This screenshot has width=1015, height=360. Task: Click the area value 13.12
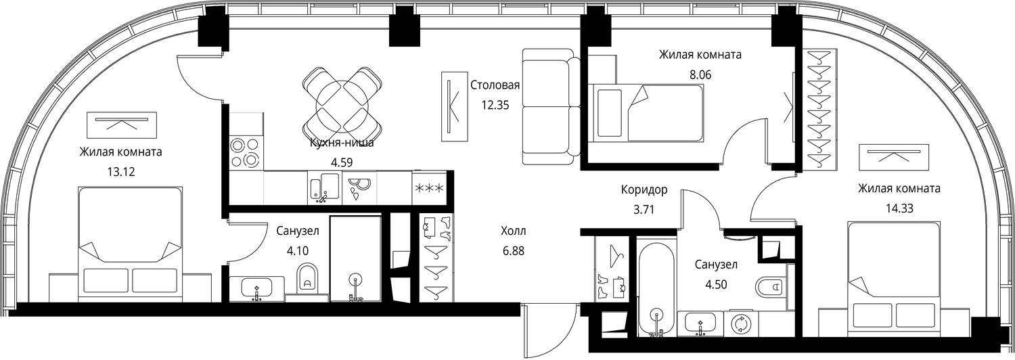click(x=121, y=172)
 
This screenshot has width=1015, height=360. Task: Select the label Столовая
click(x=495, y=85)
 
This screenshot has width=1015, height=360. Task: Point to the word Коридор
click(x=644, y=189)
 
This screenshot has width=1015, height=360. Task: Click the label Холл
click(x=514, y=231)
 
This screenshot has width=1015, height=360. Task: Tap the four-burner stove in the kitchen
click(x=246, y=153)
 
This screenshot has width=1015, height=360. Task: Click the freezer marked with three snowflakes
click(x=428, y=187)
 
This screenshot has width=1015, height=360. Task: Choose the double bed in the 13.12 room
click(x=130, y=244)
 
